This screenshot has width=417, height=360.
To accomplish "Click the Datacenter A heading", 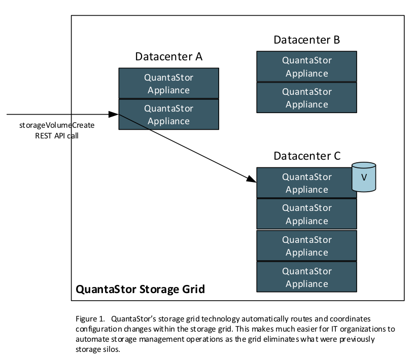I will [168, 56].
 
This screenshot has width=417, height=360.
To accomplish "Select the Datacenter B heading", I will [306, 40].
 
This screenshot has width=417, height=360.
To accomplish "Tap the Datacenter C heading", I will [306, 156].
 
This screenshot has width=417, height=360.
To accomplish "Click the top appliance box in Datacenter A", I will [168, 84].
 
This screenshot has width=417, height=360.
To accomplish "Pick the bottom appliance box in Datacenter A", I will [168, 115].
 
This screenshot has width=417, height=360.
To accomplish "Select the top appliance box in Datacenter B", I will [306, 66].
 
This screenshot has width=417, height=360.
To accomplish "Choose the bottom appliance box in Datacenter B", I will [306, 98].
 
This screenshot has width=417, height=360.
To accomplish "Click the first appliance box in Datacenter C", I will [306, 183].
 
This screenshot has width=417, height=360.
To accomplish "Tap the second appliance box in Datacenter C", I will [306, 214].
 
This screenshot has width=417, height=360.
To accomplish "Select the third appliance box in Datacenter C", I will [306, 245].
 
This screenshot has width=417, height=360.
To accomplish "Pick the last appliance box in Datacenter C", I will [306, 277].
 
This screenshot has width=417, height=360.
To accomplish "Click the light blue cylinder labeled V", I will [364, 177].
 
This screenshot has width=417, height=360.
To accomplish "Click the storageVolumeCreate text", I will [57, 125].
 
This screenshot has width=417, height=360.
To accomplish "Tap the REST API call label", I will [57, 135].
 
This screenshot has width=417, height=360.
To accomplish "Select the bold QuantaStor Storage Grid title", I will [140, 290].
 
